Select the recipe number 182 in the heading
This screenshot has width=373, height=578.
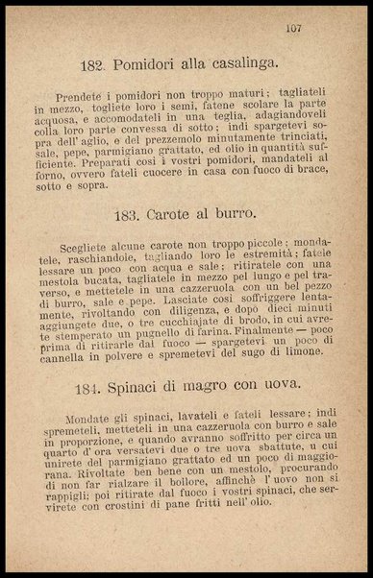pyautogui.click(x=92, y=65)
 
